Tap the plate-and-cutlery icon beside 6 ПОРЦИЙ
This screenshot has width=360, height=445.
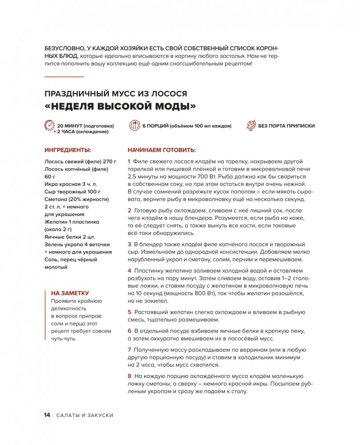(134, 126)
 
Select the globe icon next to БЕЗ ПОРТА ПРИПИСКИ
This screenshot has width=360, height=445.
(251, 125)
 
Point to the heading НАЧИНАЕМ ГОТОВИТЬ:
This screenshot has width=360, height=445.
(162, 150)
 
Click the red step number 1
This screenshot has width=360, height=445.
(129, 161)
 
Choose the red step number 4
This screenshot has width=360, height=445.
(129, 270)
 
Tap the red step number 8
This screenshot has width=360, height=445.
(129, 376)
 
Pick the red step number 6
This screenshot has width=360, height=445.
(129, 331)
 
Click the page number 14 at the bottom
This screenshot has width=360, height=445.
(47, 415)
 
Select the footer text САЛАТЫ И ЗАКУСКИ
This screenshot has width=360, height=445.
(85, 415)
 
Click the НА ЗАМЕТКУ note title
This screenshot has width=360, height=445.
(70, 293)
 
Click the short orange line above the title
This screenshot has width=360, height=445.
(64, 77)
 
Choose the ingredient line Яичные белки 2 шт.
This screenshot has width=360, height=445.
(70, 237)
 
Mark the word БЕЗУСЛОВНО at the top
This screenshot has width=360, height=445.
(66, 48)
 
